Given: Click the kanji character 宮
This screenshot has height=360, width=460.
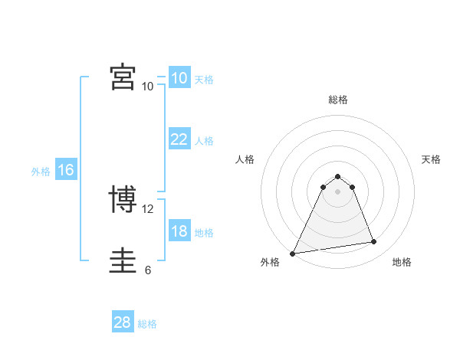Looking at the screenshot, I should point(123,77).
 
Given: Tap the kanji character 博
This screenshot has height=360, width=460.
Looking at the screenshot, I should point(123,201).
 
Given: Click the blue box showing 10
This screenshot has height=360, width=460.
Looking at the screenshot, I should point(179,78).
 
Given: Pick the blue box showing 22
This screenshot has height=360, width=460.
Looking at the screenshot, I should point(179,139).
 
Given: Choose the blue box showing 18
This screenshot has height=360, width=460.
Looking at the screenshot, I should point(179,231).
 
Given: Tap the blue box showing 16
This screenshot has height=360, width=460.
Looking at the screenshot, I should point(65,170).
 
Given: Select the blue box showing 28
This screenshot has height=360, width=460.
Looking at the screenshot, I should point(122,322).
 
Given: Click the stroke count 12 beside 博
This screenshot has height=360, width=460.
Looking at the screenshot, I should point(149,209).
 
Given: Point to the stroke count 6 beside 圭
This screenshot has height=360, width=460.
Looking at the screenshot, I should point(148,270).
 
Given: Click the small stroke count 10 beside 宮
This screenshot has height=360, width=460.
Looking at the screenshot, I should point(148,87).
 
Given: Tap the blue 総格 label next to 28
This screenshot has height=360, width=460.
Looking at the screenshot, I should point(147,324).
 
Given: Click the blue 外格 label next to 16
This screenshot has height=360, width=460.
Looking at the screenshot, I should point(41,172).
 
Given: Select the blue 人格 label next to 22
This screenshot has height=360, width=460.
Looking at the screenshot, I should point(204,141).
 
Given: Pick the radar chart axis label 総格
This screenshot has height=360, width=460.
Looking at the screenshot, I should point(337,100).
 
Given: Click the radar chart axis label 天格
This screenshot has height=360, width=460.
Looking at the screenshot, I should point(432,159).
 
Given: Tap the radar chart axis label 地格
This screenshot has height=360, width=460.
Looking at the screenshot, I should point(402,263).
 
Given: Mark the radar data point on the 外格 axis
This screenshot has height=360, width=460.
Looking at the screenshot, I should point(293,253).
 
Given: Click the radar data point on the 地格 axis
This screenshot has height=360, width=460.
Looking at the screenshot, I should point(374,242).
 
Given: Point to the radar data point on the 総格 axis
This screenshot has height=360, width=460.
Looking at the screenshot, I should point(337,176).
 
